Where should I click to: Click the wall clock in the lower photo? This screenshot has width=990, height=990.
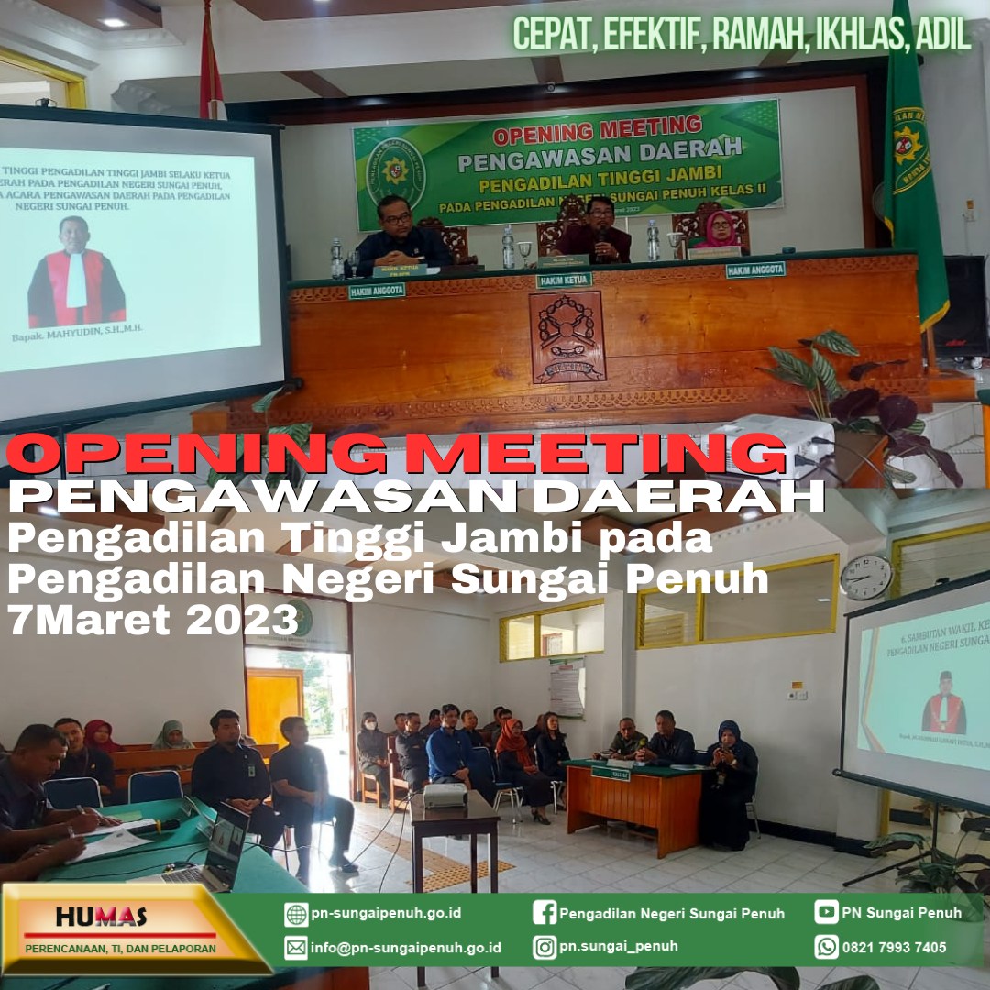tap(865, 577)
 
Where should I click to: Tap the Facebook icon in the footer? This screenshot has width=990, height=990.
tap(544, 913)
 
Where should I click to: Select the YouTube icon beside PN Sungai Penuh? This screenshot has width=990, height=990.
tap(826, 912)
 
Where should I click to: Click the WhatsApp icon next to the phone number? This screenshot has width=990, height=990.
tap(826, 947)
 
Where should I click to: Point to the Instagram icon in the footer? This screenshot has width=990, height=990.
tap(544, 947)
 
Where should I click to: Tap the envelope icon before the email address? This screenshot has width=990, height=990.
tap(296, 948)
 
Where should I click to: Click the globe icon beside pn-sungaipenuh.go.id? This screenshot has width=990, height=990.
tap(296, 914)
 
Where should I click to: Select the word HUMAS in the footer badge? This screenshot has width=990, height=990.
tap(101, 917)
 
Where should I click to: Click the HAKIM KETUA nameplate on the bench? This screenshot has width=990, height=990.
tap(564, 280)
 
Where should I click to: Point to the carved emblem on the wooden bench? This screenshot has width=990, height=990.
tap(567, 336)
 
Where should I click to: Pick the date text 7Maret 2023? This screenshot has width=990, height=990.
tap(152, 621)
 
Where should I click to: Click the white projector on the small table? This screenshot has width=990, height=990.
tap(445, 795)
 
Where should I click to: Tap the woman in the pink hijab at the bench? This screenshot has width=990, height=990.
tap(720, 230)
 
